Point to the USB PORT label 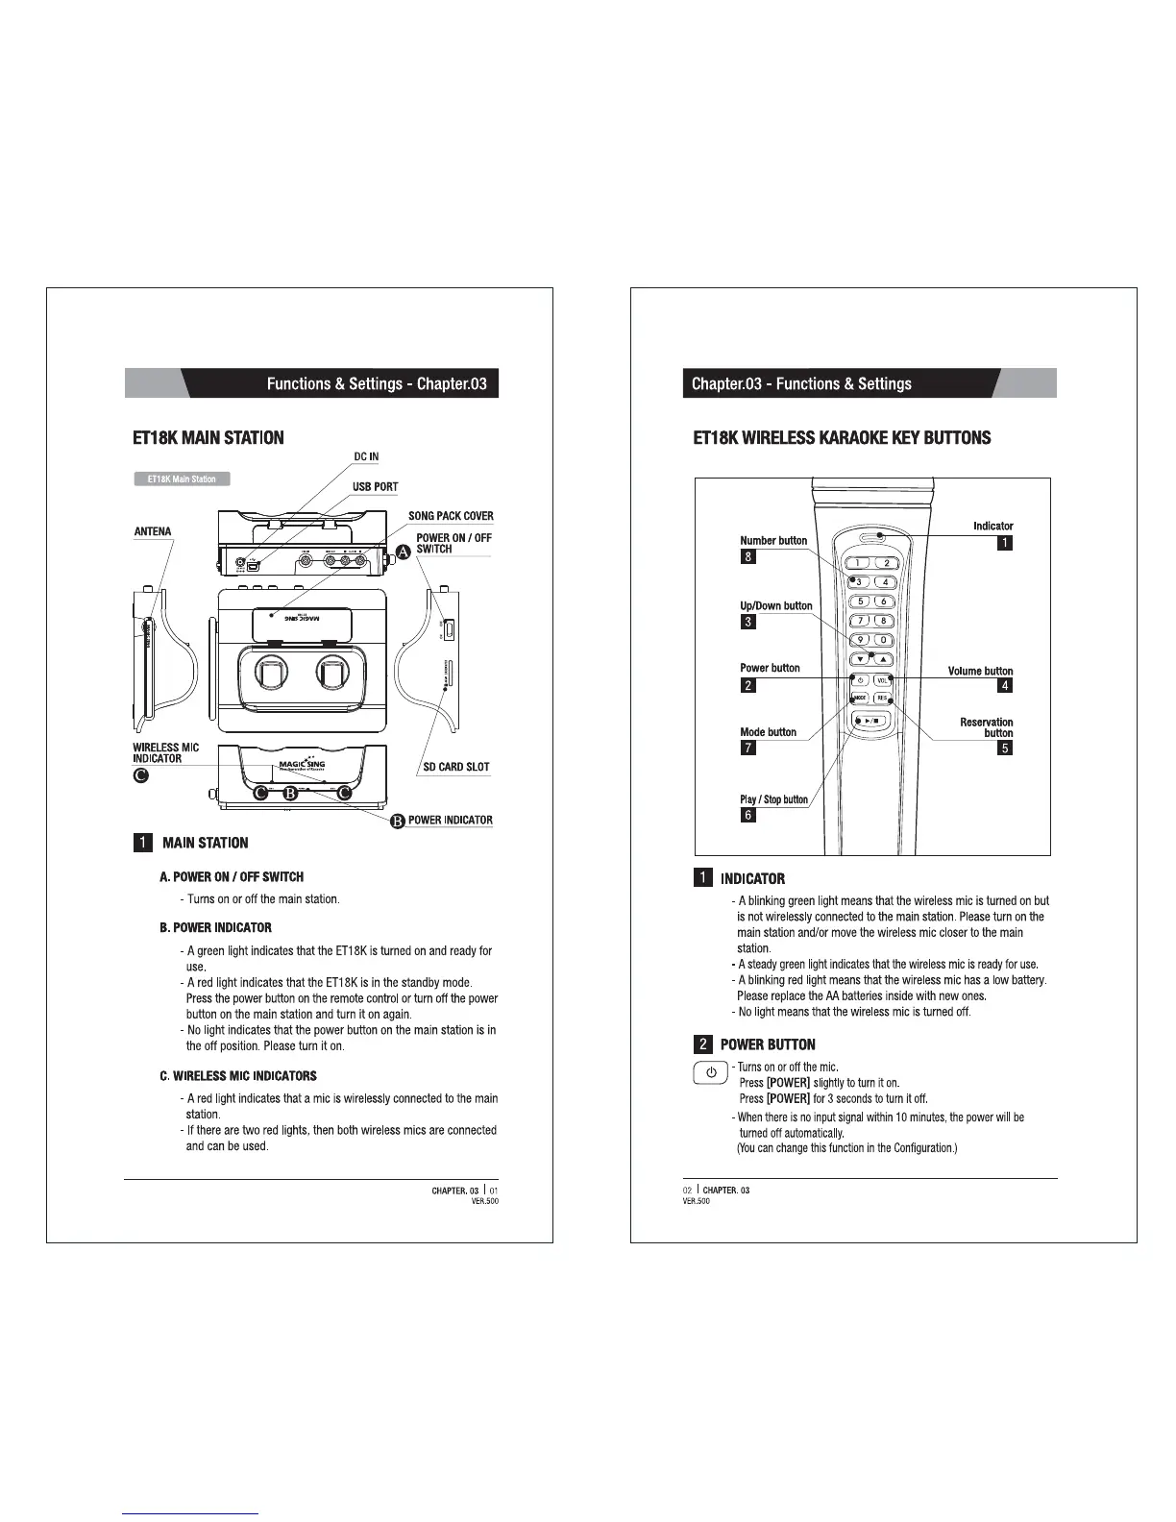(x=374, y=487)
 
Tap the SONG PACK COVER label (x=451, y=516)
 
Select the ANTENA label (x=152, y=531)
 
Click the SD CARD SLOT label (x=456, y=767)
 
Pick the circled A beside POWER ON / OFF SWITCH (x=403, y=552)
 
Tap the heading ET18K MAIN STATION (x=208, y=438)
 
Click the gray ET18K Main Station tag (x=182, y=479)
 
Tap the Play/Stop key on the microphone (x=871, y=719)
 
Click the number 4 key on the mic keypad (x=884, y=582)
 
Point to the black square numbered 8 (x=748, y=556)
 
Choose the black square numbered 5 (x=1005, y=749)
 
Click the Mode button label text (x=768, y=732)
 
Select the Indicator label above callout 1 (x=992, y=526)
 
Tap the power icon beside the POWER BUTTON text (x=711, y=1073)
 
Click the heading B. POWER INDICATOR (x=215, y=928)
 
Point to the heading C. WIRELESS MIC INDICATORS (x=237, y=1076)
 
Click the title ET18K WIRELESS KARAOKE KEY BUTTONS (x=842, y=438)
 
